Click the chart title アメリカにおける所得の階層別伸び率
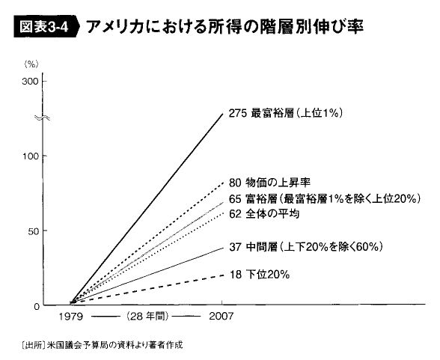pos(224,27)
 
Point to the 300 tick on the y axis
pos(30,82)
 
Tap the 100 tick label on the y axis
pos(30,156)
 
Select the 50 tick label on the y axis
pos(33,231)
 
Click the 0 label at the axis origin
pos(37,306)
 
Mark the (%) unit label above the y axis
pos(31,64)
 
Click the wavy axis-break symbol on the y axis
pos(42,118)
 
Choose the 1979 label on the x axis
pos(71,317)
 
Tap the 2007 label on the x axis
pos(221,317)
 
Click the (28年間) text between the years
pos(147,317)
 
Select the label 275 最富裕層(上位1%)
pos(285,113)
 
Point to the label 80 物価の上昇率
pos(269,183)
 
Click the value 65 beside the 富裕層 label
pos(235,199)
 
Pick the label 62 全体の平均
pos(264,214)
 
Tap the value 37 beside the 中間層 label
pos(235,247)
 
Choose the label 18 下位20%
pos(260,274)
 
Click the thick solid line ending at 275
pos(147,208)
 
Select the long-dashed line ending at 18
pos(147,290)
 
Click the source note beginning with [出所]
pos(102,344)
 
